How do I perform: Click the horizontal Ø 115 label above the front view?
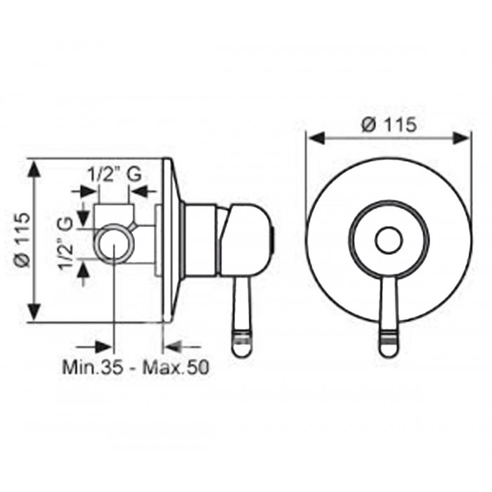(x=389, y=124)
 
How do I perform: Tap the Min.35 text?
(x=93, y=367)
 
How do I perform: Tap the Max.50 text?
(x=176, y=367)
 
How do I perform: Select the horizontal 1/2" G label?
(x=114, y=174)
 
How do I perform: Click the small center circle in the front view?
(x=389, y=241)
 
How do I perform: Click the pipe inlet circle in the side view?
(x=114, y=241)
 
